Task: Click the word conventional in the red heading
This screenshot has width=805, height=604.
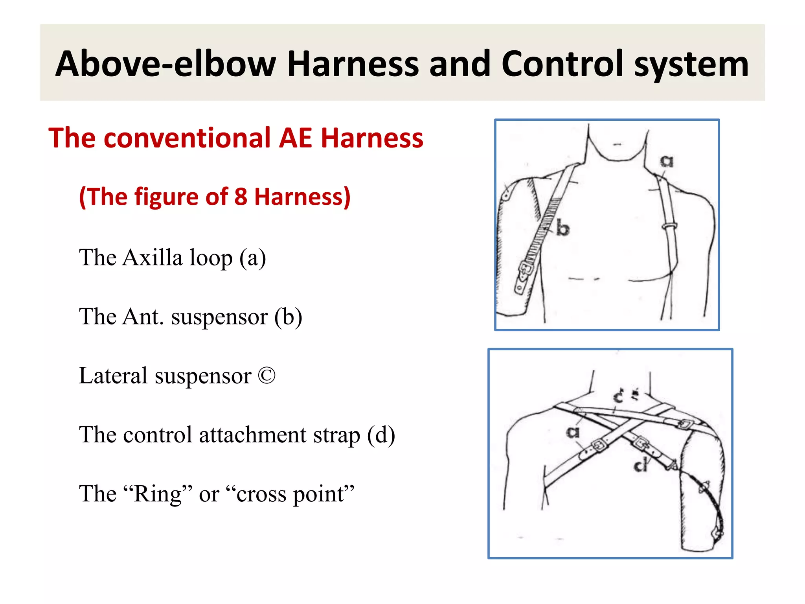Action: point(187,138)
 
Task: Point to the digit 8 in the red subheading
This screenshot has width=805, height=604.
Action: point(241,197)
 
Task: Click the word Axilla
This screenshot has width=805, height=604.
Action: point(153,258)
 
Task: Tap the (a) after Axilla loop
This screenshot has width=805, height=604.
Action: point(253,258)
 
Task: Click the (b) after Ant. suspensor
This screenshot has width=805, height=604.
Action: point(288,317)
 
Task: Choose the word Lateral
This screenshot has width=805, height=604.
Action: point(113,376)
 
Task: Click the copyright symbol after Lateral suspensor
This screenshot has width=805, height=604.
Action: point(267,376)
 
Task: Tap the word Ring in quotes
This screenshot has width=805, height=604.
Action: point(158,494)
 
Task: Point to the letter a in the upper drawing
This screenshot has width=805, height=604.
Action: point(666,161)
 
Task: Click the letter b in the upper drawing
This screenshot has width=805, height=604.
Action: point(562,228)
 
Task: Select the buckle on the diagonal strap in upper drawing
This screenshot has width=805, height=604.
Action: point(526,269)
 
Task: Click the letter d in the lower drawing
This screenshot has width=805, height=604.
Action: point(641,466)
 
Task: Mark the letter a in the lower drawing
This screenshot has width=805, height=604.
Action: point(573,432)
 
